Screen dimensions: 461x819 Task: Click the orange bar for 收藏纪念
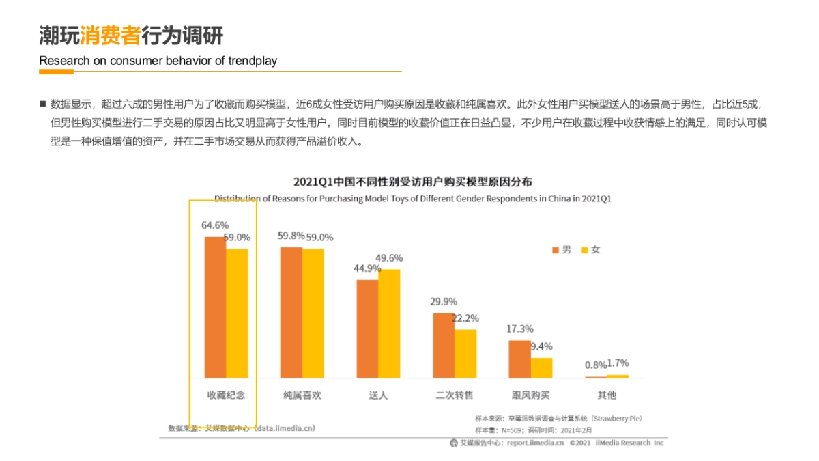point(215,307)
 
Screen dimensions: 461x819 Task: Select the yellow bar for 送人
point(389,323)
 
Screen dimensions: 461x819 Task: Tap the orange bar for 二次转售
point(443,345)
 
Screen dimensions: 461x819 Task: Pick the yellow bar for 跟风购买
point(541,367)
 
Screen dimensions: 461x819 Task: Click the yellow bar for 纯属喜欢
point(313,313)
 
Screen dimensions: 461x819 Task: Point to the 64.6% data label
point(215,225)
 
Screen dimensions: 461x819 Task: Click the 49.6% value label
point(389,258)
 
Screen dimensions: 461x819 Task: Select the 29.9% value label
point(444,301)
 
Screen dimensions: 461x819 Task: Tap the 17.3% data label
point(519,329)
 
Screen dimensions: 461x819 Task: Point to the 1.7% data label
point(618,363)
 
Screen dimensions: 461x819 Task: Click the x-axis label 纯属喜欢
point(302,395)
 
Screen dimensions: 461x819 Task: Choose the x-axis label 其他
point(607,395)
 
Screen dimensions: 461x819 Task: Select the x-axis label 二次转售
point(455,395)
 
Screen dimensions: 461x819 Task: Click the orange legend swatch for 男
point(556,251)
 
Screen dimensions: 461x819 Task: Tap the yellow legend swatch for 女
point(584,251)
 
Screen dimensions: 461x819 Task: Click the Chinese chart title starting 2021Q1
point(412,182)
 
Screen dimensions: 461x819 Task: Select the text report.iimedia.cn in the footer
point(535,443)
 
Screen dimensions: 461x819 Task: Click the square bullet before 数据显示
point(42,104)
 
